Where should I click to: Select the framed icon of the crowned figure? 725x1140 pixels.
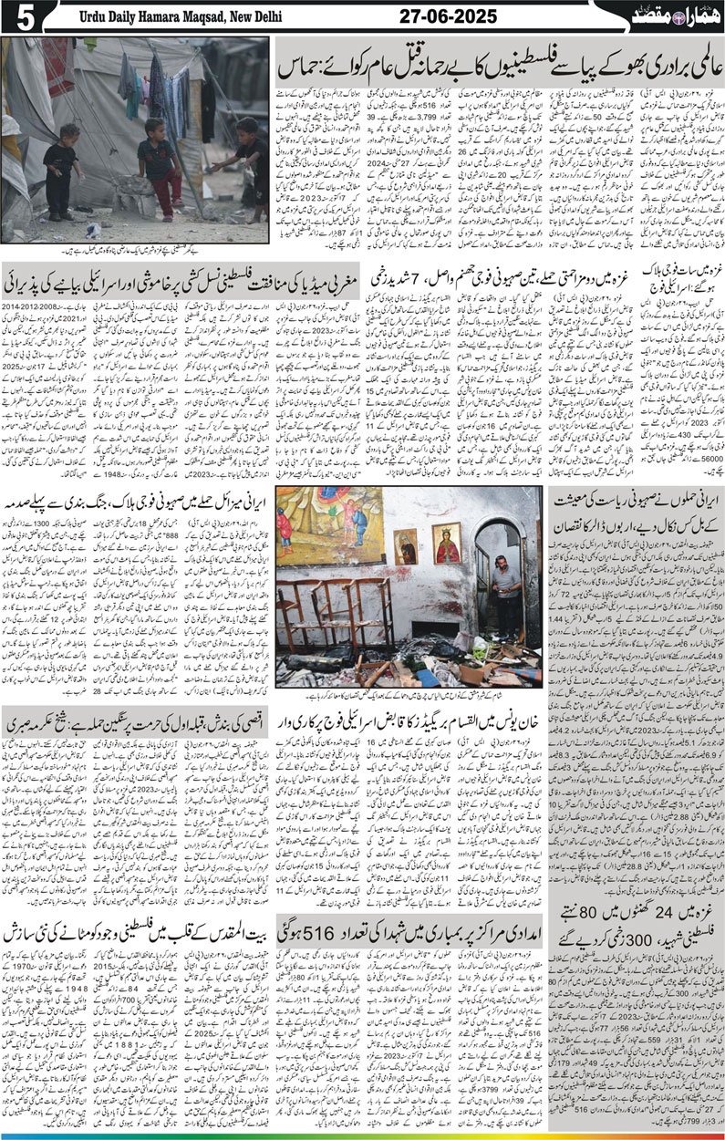click(x=446, y=543)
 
